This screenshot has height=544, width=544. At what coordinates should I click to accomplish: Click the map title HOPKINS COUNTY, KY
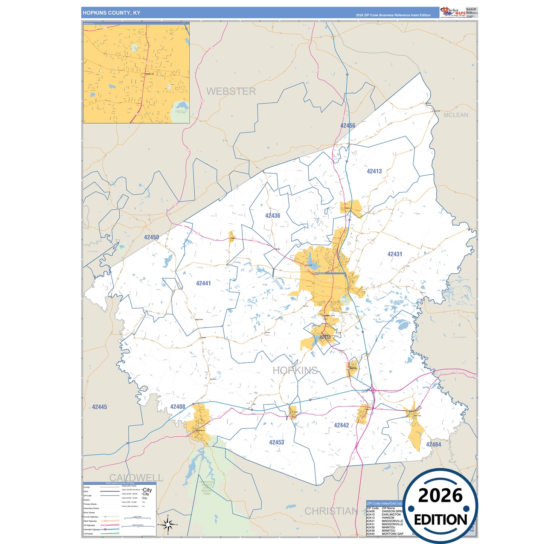pyautogui.click(x=111, y=13)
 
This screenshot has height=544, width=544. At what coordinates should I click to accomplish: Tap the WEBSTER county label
pyautogui.click(x=231, y=91)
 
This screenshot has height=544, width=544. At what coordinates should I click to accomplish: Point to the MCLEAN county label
pyautogui.click(x=456, y=115)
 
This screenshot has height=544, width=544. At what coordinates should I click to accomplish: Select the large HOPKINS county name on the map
pyautogui.click(x=295, y=370)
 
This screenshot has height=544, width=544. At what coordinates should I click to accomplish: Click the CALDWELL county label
pyautogui.click(x=136, y=478)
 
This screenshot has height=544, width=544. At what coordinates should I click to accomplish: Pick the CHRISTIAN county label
pyautogui.click(x=331, y=511)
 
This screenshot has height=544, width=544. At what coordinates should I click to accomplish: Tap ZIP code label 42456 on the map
pyautogui.click(x=347, y=126)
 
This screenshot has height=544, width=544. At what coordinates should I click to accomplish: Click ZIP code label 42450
pyautogui.click(x=151, y=237)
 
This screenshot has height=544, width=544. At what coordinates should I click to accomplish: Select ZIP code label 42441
pyautogui.click(x=203, y=283)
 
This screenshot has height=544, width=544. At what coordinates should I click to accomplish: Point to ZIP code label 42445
pyautogui.click(x=99, y=407)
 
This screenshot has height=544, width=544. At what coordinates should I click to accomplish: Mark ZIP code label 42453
pyautogui.click(x=276, y=442)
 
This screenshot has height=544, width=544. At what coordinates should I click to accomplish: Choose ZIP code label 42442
pyautogui.click(x=341, y=425)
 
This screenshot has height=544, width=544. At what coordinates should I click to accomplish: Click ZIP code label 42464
pyautogui.click(x=433, y=445)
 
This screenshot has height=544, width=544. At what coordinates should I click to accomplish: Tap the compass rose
pyautogui.click(x=168, y=524)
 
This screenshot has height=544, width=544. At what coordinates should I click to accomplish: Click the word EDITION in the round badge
pyautogui.click(x=440, y=520)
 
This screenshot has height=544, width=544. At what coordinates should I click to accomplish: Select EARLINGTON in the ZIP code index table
pyautogui.click(x=391, y=515)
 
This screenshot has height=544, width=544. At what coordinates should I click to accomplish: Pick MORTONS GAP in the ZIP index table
pyautogui.click(x=392, y=534)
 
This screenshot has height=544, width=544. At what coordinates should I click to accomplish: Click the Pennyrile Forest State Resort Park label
pyautogui.click(x=206, y=488)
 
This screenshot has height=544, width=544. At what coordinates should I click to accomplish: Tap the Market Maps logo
pyautogui.click(x=453, y=12)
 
